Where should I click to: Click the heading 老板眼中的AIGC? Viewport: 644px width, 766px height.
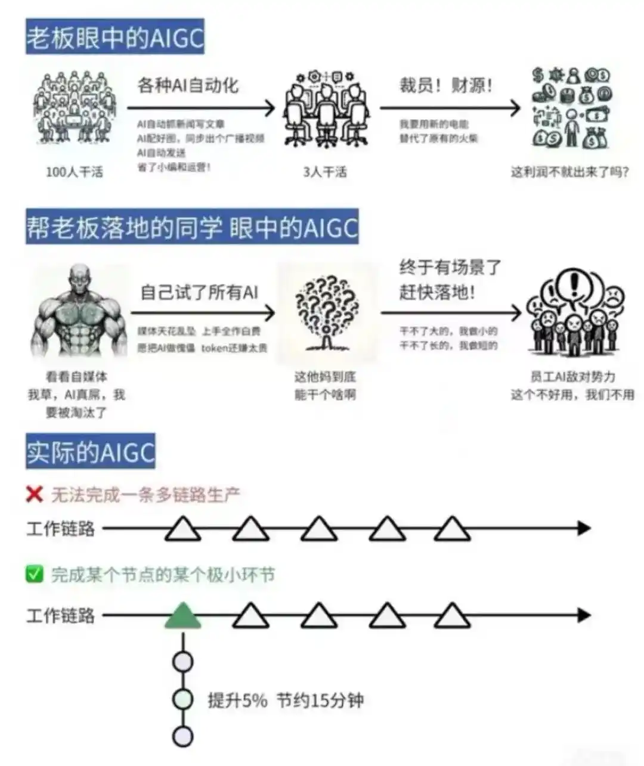[x=114, y=38]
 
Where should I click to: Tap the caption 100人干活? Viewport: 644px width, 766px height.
[x=75, y=172]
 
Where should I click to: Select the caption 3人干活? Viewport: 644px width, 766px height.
[x=324, y=172]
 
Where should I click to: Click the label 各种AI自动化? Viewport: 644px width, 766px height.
[x=188, y=85]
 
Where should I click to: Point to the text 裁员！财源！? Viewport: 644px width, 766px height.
[x=446, y=85]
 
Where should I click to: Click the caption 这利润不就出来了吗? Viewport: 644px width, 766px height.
[x=569, y=172]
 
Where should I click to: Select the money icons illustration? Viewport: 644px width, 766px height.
[x=571, y=107]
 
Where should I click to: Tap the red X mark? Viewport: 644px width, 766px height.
[x=35, y=494]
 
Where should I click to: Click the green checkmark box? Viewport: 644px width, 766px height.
[x=35, y=575]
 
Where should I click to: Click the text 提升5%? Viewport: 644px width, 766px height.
[x=237, y=700]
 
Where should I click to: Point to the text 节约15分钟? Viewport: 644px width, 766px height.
[x=320, y=700]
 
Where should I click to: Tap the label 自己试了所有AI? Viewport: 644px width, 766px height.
[x=199, y=292]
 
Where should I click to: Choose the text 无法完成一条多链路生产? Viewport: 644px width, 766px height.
[x=145, y=494]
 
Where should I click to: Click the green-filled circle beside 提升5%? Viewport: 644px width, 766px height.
[x=182, y=699]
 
